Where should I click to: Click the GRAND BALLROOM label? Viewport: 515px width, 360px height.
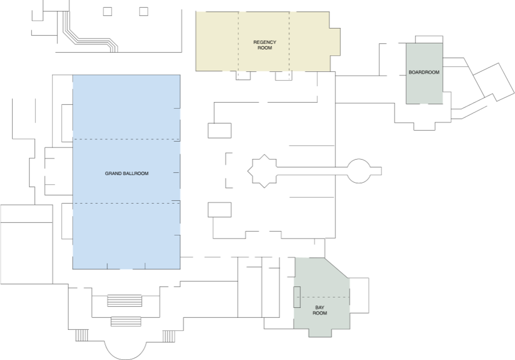tap(126, 173)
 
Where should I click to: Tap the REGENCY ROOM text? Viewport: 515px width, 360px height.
tap(265, 45)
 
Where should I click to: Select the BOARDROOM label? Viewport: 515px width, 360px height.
tap(424, 72)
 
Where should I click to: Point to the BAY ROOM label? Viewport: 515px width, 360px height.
tap(319, 310)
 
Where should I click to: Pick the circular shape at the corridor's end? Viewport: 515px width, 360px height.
tap(358, 171)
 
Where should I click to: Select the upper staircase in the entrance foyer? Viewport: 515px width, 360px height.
tap(124, 301)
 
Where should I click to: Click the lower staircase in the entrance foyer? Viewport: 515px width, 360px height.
tap(126, 321)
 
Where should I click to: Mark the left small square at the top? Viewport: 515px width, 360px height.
tap(107, 12)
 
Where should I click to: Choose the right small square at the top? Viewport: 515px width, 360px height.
tap(144, 12)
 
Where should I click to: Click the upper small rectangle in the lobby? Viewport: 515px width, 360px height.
tap(219, 130)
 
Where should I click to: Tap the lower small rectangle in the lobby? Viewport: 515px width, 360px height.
tap(219, 210)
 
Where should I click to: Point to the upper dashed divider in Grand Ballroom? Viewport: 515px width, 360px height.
tap(126, 140)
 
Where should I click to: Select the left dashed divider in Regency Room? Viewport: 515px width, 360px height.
tap(238, 41)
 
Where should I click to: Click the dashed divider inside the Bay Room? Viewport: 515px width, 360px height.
tap(322, 297)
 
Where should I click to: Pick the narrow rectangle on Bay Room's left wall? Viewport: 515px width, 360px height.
tap(297, 297)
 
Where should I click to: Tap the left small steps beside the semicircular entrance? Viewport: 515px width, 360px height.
tap(82, 336)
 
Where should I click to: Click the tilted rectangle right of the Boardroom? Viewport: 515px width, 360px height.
tap(494, 82)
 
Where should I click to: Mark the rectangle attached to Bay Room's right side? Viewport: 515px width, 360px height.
tap(359, 295)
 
